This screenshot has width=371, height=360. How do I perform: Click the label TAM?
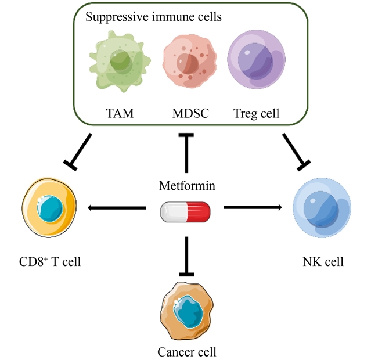pyautogui.click(x=120, y=113)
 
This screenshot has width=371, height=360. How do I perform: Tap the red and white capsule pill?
pyautogui.click(x=185, y=211)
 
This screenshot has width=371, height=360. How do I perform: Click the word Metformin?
pyautogui.click(x=186, y=186)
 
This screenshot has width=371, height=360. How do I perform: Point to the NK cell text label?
pyautogui.click(x=322, y=261)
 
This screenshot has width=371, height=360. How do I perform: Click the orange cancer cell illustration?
pyautogui.click(x=186, y=310)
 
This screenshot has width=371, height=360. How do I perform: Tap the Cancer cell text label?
pyautogui.click(x=187, y=351)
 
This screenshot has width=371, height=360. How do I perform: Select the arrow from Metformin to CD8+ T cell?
pyautogui.click(x=116, y=207)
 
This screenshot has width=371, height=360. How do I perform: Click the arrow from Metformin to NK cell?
pyautogui.click(x=253, y=207)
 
